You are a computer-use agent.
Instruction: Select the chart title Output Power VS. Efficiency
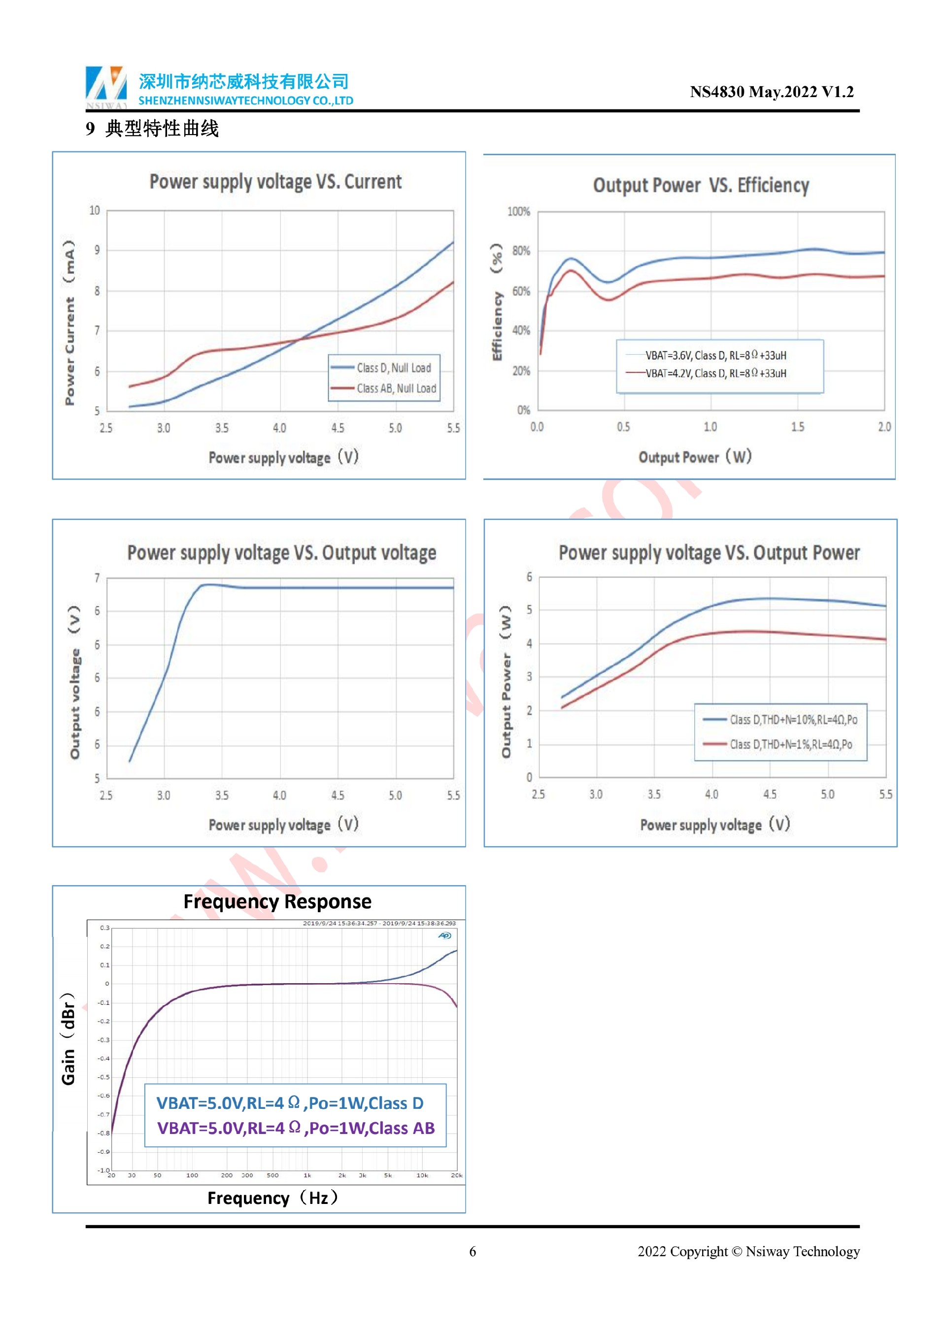point(701,185)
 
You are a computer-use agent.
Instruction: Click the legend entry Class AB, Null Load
point(396,389)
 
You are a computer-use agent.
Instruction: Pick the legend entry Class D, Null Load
point(394,368)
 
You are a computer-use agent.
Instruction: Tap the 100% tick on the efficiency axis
point(518,211)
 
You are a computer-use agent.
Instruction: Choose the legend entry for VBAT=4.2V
point(715,374)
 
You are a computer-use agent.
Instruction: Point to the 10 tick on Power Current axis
point(95,210)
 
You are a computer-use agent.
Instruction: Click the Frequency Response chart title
point(277,901)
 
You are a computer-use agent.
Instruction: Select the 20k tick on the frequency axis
point(457,1175)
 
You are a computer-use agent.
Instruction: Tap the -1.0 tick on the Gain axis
point(103,1170)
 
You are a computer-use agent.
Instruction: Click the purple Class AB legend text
point(296,1128)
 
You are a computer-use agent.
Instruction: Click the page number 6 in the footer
point(473,1252)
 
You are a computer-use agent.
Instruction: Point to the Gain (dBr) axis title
point(68,1038)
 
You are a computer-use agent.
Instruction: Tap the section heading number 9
point(90,129)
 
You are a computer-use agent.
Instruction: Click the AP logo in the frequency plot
point(444,936)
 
